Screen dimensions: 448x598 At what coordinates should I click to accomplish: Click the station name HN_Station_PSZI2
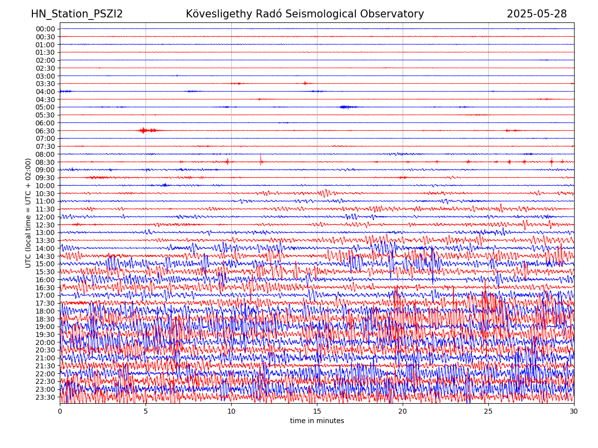tap(77, 14)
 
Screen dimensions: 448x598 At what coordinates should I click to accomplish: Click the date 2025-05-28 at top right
tap(537, 14)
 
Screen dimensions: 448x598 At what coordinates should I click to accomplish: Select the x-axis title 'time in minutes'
tap(317, 421)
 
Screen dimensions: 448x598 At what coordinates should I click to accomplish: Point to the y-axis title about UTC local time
tap(28, 213)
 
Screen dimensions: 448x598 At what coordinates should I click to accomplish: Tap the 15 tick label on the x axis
tap(317, 412)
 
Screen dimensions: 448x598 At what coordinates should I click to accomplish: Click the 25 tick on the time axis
tap(488, 412)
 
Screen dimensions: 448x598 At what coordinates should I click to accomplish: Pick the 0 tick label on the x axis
tap(60, 412)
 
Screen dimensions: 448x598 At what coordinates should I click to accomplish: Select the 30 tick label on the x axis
tap(574, 412)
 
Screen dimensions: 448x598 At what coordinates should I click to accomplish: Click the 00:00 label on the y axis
tap(45, 29)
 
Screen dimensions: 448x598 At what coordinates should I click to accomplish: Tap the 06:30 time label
tap(45, 131)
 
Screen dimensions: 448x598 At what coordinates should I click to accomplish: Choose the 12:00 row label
tap(45, 217)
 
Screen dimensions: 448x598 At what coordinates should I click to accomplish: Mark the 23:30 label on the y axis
tap(45, 397)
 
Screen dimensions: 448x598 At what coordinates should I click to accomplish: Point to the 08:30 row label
tap(45, 162)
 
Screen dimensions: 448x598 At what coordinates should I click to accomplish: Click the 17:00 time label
tap(45, 295)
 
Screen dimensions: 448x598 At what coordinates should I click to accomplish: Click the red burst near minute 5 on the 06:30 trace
tap(145, 130)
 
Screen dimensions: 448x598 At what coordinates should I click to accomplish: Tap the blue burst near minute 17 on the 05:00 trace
tap(347, 107)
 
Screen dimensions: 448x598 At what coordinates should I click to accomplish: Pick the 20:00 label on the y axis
tap(45, 342)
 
